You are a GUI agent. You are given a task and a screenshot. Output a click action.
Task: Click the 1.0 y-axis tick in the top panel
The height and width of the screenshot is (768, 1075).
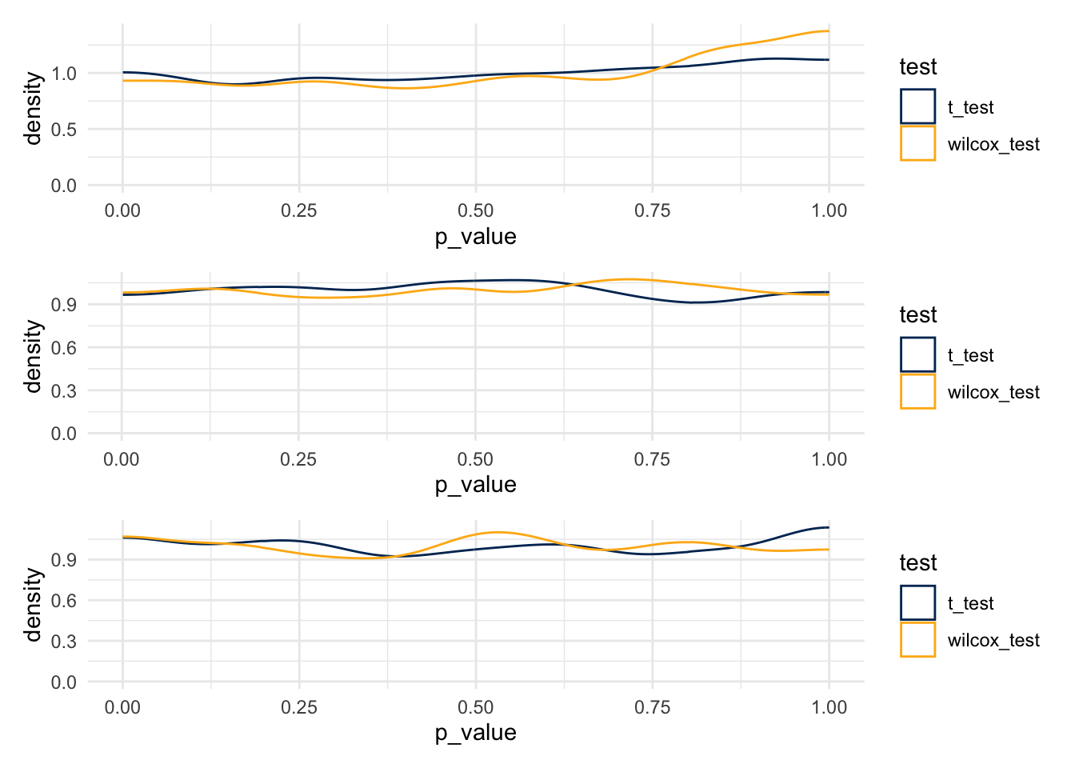(64, 74)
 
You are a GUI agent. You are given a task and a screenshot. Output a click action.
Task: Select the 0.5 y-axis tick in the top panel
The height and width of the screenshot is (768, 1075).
(64, 130)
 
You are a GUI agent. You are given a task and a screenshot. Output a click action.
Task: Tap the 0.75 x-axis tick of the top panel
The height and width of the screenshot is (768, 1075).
(652, 210)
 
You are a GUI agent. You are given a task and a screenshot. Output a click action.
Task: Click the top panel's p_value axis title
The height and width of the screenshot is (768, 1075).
(475, 237)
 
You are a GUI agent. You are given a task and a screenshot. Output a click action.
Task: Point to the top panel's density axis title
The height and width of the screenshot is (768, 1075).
(33, 109)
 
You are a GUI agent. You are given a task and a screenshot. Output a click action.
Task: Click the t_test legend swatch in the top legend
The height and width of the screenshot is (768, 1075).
(917, 106)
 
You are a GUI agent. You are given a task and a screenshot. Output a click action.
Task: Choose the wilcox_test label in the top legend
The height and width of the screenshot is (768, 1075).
(993, 144)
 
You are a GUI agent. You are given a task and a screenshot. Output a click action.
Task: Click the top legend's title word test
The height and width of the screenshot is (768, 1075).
(917, 67)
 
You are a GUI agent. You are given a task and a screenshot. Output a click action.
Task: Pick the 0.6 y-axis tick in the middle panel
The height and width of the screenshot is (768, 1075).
(64, 348)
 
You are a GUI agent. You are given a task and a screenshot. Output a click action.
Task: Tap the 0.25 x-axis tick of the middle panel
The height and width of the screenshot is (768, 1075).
(298, 459)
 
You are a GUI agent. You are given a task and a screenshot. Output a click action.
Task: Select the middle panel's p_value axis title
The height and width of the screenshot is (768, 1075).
(475, 485)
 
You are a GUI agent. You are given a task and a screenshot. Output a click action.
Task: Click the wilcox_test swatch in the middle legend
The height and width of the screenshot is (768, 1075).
(917, 391)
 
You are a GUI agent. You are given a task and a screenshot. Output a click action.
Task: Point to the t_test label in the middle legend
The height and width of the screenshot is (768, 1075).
(970, 355)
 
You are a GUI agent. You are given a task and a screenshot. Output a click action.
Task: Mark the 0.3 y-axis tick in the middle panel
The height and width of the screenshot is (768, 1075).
(64, 391)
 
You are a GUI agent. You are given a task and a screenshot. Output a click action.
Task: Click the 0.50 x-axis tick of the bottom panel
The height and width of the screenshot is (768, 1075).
(475, 707)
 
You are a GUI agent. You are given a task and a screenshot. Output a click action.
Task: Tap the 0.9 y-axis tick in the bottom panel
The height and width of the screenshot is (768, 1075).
(64, 560)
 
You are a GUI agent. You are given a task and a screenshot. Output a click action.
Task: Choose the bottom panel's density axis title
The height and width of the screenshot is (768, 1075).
(33, 605)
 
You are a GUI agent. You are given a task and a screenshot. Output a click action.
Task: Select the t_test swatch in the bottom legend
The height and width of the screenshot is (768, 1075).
(917, 602)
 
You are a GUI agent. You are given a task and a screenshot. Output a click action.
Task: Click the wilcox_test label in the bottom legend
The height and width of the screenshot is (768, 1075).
(993, 640)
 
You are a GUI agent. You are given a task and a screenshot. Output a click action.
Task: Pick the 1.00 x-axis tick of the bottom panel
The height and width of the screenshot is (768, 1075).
(829, 707)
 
